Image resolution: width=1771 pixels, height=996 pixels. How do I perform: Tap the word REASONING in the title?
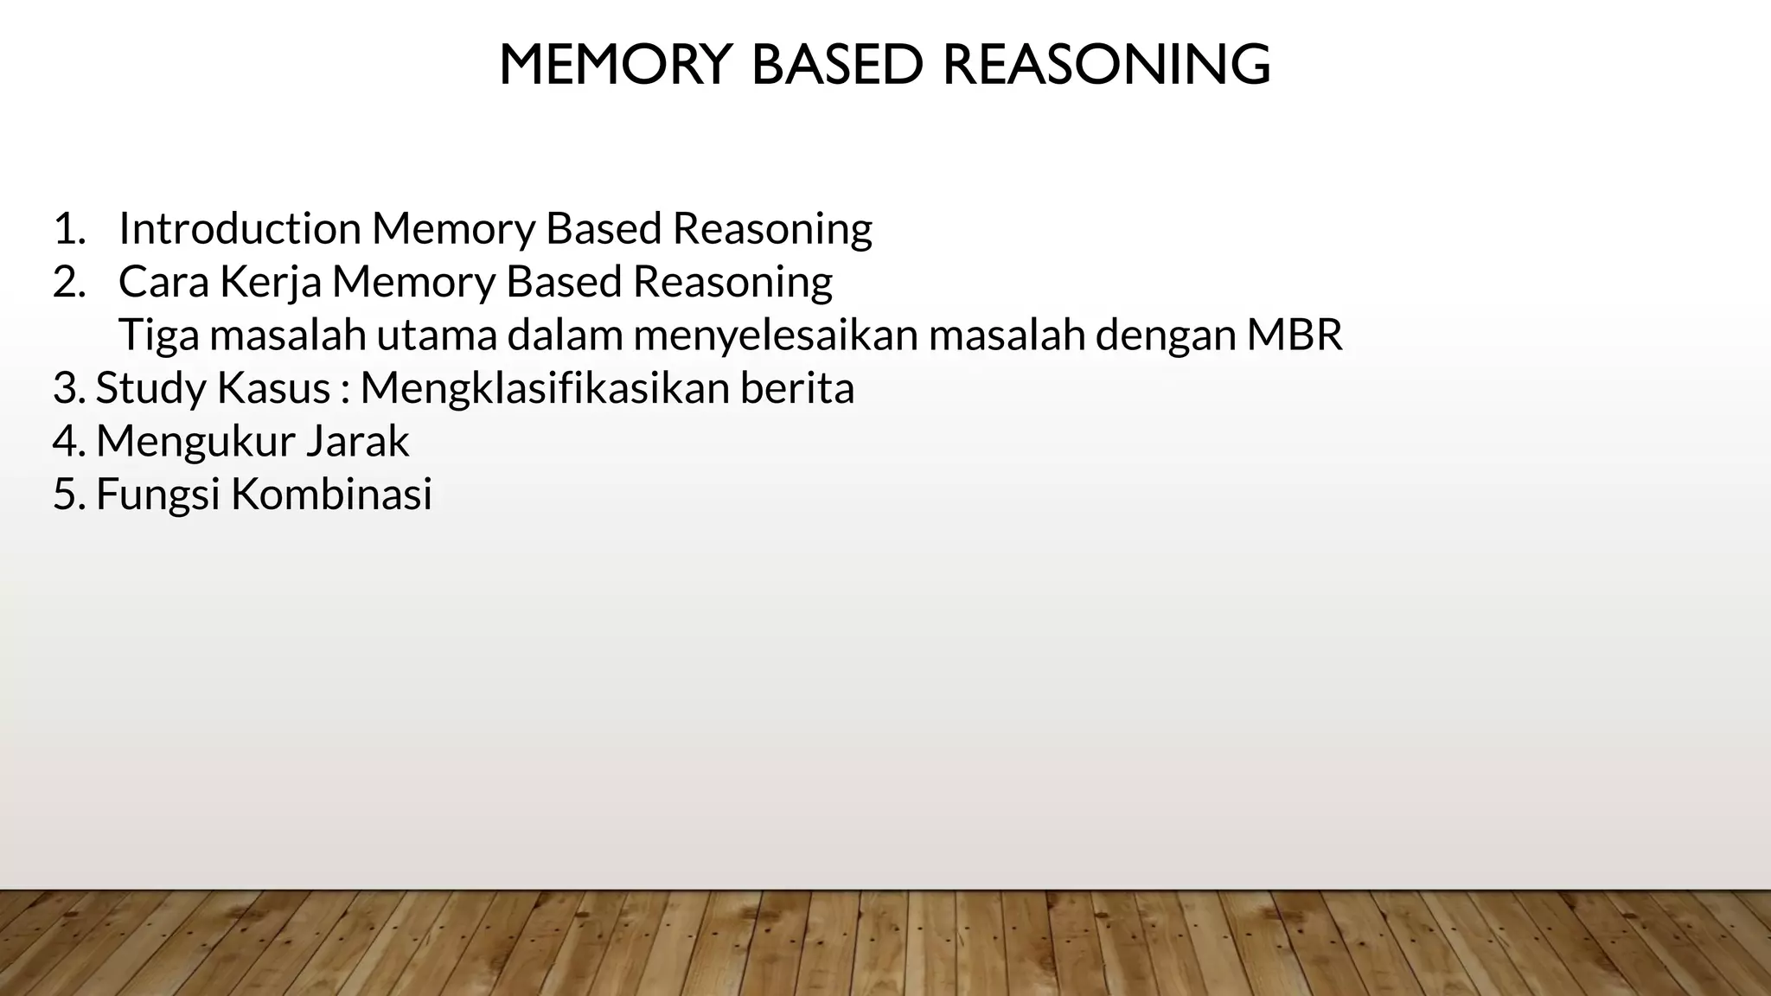(1106, 65)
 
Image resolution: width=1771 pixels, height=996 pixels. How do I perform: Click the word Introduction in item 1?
(240, 229)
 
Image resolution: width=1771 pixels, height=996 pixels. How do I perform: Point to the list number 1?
(68, 229)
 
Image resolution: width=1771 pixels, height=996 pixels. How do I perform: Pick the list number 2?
(68, 282)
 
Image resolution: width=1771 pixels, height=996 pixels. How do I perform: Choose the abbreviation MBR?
(1295, 335)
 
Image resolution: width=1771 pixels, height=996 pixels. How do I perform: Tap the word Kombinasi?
(331, 495)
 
